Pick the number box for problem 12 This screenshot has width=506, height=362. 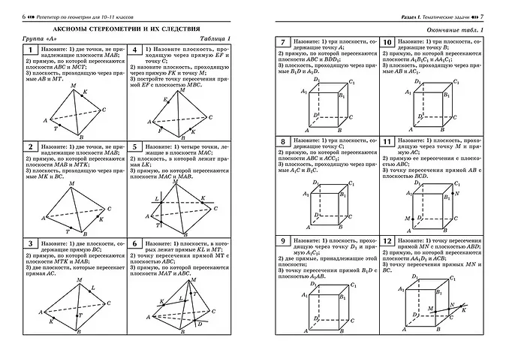click(387, 242)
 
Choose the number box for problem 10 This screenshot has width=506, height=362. click(387, 43)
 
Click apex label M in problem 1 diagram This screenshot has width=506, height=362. click(72, 86)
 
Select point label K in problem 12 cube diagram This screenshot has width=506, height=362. click(464, 309)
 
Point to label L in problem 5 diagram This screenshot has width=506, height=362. click(155, 198)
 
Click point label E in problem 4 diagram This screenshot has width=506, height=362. click(164, 98)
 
